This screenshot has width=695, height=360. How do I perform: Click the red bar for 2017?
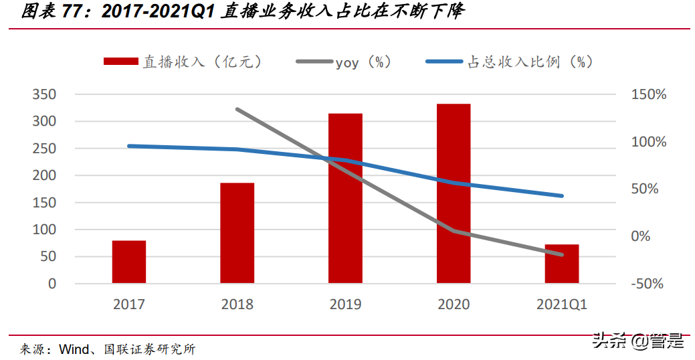128,262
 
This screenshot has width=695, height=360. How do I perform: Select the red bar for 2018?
237,233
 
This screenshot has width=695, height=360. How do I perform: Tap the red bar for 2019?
345,198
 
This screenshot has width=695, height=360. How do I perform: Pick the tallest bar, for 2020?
454,193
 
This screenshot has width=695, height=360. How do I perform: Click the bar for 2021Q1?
561,264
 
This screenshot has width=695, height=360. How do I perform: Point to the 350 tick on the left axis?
44,94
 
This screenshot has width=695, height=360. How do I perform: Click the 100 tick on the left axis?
44,230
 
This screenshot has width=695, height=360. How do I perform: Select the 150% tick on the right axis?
648,94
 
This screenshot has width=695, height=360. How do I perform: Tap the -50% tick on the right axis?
647,284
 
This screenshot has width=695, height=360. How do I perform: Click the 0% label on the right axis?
641,236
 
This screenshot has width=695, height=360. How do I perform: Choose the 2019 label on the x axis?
345,304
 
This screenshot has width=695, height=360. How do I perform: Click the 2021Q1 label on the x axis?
561,304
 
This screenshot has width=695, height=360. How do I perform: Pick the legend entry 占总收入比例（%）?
508,62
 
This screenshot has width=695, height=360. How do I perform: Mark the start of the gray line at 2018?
237,109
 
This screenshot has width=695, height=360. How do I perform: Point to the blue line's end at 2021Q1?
562,196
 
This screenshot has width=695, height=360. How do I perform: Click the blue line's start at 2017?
128,146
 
